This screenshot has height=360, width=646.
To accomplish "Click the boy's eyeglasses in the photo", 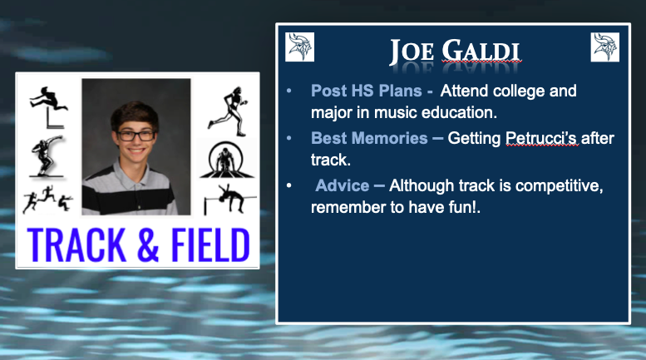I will coord(136,134).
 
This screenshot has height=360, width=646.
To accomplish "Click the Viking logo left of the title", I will coord(299,47).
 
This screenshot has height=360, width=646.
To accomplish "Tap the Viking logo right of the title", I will coord(604,47).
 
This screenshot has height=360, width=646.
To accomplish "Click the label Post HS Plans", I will coord(366,91).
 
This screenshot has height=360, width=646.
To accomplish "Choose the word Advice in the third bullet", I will coord(342,185).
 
